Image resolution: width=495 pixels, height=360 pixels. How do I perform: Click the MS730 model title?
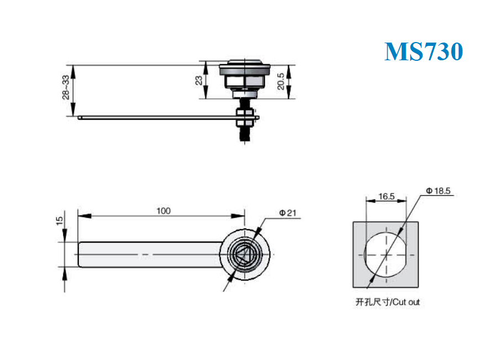pos(424,51)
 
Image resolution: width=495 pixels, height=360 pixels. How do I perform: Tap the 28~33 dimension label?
pos(66,87)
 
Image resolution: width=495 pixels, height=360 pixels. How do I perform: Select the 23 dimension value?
pos(198,81)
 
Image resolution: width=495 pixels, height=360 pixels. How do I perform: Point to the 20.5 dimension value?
pos(281,81)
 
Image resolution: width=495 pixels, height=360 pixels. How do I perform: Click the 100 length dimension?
pos(164,211)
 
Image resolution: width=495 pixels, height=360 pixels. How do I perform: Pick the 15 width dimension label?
pos(59,221)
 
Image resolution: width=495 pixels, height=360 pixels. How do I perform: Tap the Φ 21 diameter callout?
pos(288,213)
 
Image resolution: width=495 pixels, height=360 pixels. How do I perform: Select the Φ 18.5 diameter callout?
pos(438,191)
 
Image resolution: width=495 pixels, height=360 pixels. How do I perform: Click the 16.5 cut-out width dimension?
pos(386,197)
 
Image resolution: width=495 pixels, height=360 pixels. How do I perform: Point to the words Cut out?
pos(406,302)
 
